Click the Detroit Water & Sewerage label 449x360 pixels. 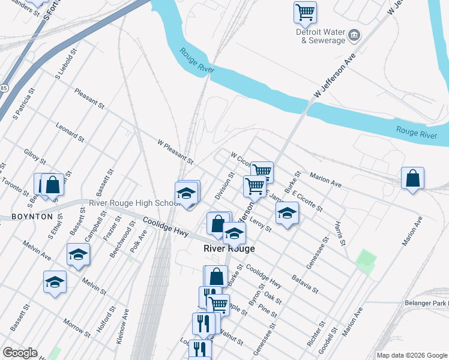(x=321, y=36)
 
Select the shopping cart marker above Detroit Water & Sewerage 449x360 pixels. (x=305, y=11)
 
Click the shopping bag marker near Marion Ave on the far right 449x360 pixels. (x=412, y=178)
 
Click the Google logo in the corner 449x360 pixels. (x=20, y=353)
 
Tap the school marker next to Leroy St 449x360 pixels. (x=287, y=212)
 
